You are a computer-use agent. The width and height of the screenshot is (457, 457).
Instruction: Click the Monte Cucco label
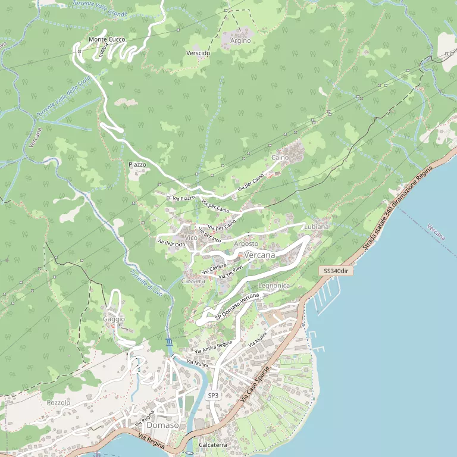pyautogui.click(x=107, y=39)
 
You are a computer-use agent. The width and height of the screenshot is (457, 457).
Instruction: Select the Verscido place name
pyautogui.click(x=198, y=53)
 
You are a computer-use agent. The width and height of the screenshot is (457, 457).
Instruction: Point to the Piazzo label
pyautogui.click(x=137, y=164)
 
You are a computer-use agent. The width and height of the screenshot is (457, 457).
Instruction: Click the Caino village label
pyautogui.click(x=280, y=158)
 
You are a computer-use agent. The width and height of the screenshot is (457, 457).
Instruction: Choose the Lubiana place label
pyautogui.click(x=316, y=227)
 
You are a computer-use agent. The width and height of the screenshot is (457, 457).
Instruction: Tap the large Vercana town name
pyautogui.click(x=260, y=255)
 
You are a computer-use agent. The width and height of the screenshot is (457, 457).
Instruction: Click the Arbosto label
pyautogui.click(x=246, y=243)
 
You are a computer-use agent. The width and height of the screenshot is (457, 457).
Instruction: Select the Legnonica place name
pyautogui.click(x=274, y=286)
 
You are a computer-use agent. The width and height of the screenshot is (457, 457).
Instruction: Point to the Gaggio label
pyautogui.click(x=114, y=319)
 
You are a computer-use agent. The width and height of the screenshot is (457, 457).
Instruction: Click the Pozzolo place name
pyautogui.click(x=58, y=403)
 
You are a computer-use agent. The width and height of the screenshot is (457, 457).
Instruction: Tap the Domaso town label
pyautogui.click(x=162, y=425)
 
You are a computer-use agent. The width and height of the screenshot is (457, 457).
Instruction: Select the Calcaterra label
pyautogui.click(x=213, y=445)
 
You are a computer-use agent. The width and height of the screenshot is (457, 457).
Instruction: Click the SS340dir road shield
pyautogui.click(x=336, y=271)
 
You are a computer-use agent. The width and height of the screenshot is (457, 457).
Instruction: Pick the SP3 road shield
pyautogui.click(x=213, y=395)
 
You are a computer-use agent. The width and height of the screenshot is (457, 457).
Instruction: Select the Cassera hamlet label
pyautogui.click(x=193, y=281)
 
